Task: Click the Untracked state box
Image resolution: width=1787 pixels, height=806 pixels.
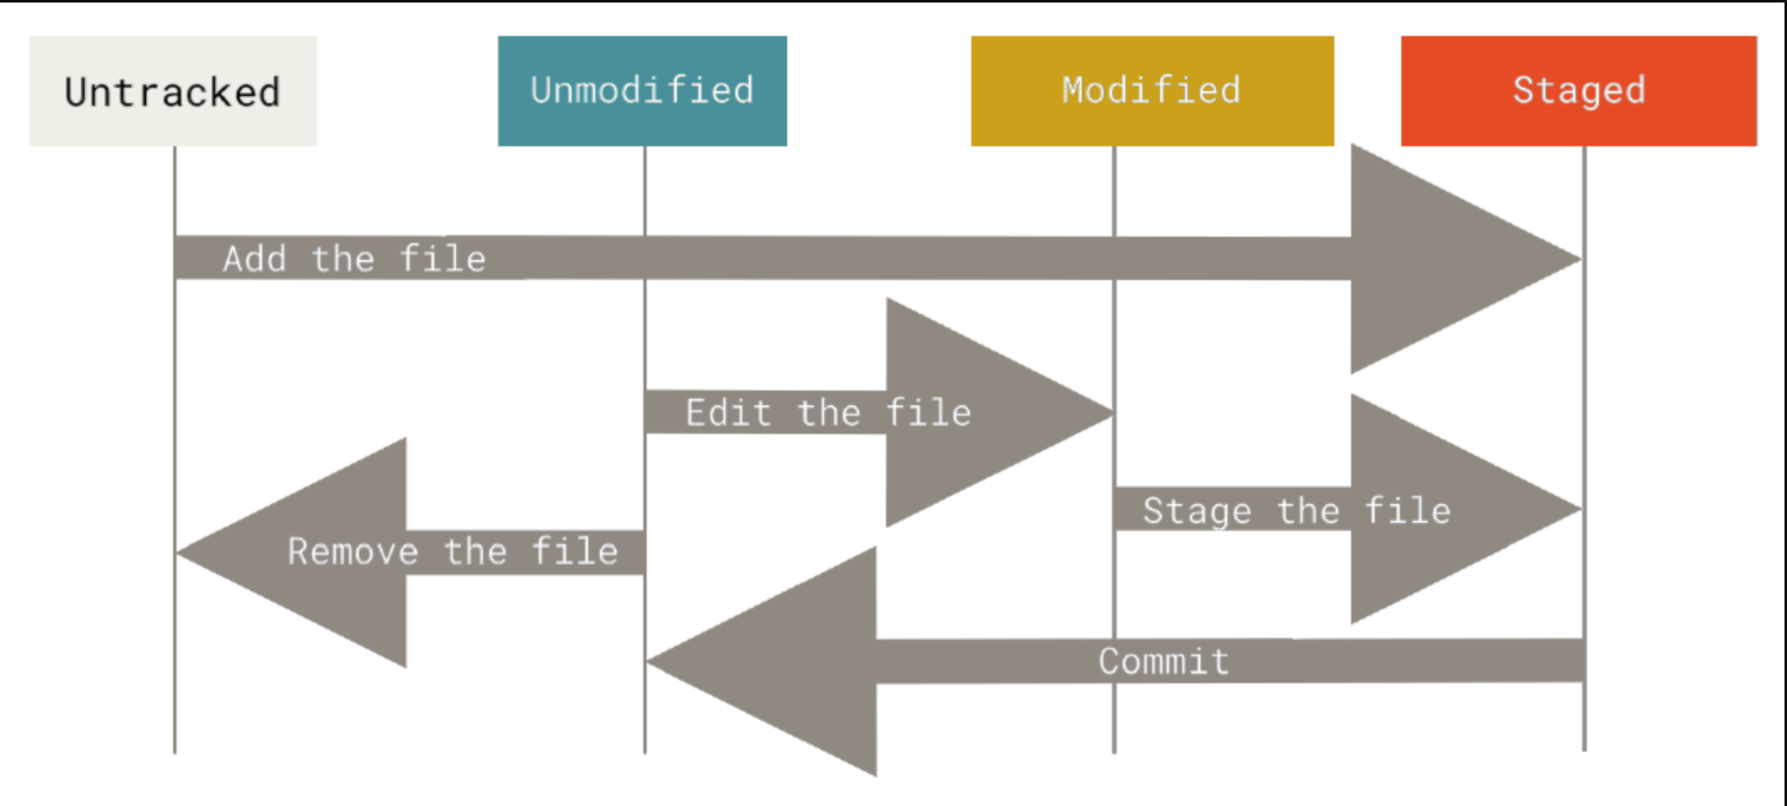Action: pyautogui.click(x=172, y=91)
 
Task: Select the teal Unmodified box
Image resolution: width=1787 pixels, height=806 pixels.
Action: pyautogui.click(x=642, y=91)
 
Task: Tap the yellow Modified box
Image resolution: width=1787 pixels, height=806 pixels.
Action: pyautogui.click(x=1152, y=91)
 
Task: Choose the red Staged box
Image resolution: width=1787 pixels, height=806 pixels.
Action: pyautogui.click(x=1579, y=91)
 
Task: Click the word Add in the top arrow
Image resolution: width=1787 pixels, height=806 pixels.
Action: pyautogui.click(x=254, y=259)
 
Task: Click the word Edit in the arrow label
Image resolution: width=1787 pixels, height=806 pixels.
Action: pyautogui.click(x=728, y=413)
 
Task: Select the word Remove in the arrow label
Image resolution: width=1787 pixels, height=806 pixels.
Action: pyautogui.click(x=352, y=552)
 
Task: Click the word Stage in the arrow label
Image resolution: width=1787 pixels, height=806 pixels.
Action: pyautogui.click(x=1196, y=511)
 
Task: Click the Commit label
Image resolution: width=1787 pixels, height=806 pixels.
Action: pyautogui.click(x=1164, y=661)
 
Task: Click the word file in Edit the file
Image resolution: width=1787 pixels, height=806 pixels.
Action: pyautogui.click(x=929, y=413)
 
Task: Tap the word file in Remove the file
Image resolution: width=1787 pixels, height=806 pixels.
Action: pyautogui.click(x=576, y=552)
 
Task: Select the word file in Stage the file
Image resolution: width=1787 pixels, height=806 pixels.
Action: pyautogui.click(x=1408, y=511)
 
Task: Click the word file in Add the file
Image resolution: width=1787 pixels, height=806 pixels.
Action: pyautogui.click(x=443, y=259)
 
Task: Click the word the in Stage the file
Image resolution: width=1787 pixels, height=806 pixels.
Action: pyautogui.click(x=1308, y=511)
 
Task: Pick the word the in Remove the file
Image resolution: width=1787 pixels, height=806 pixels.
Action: pyautogui.click(x=475, y=552)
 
